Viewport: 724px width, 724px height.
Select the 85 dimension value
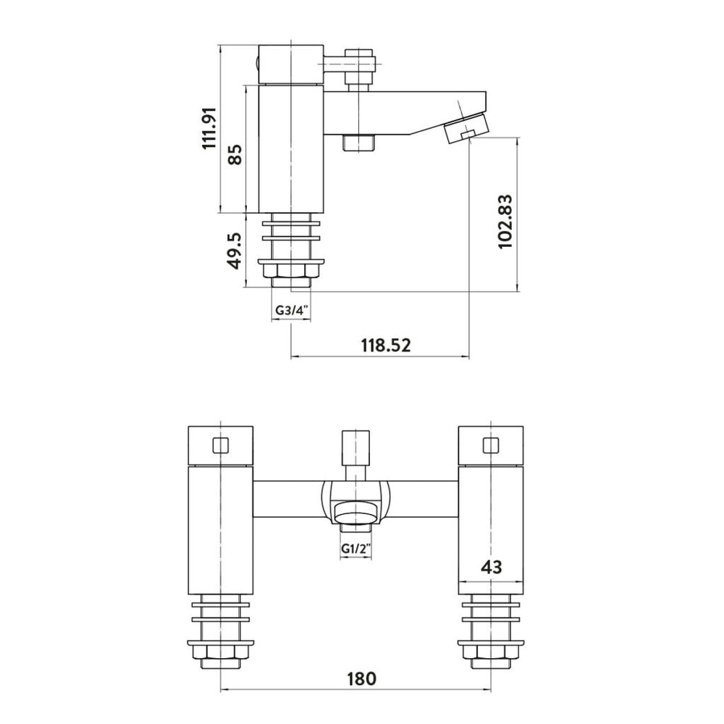click(235, 154)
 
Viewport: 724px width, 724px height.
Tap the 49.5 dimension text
click(235, 251)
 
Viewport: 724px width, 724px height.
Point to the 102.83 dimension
click(505, 222)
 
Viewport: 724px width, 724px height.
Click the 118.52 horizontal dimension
click(386, 345)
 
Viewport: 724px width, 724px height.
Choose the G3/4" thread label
click(292, 310)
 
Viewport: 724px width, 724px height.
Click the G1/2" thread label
click(356, 549)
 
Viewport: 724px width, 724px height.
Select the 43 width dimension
click(491, 567)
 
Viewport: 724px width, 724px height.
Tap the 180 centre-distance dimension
click(361, 679)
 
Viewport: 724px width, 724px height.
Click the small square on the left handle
click(221, 445)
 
